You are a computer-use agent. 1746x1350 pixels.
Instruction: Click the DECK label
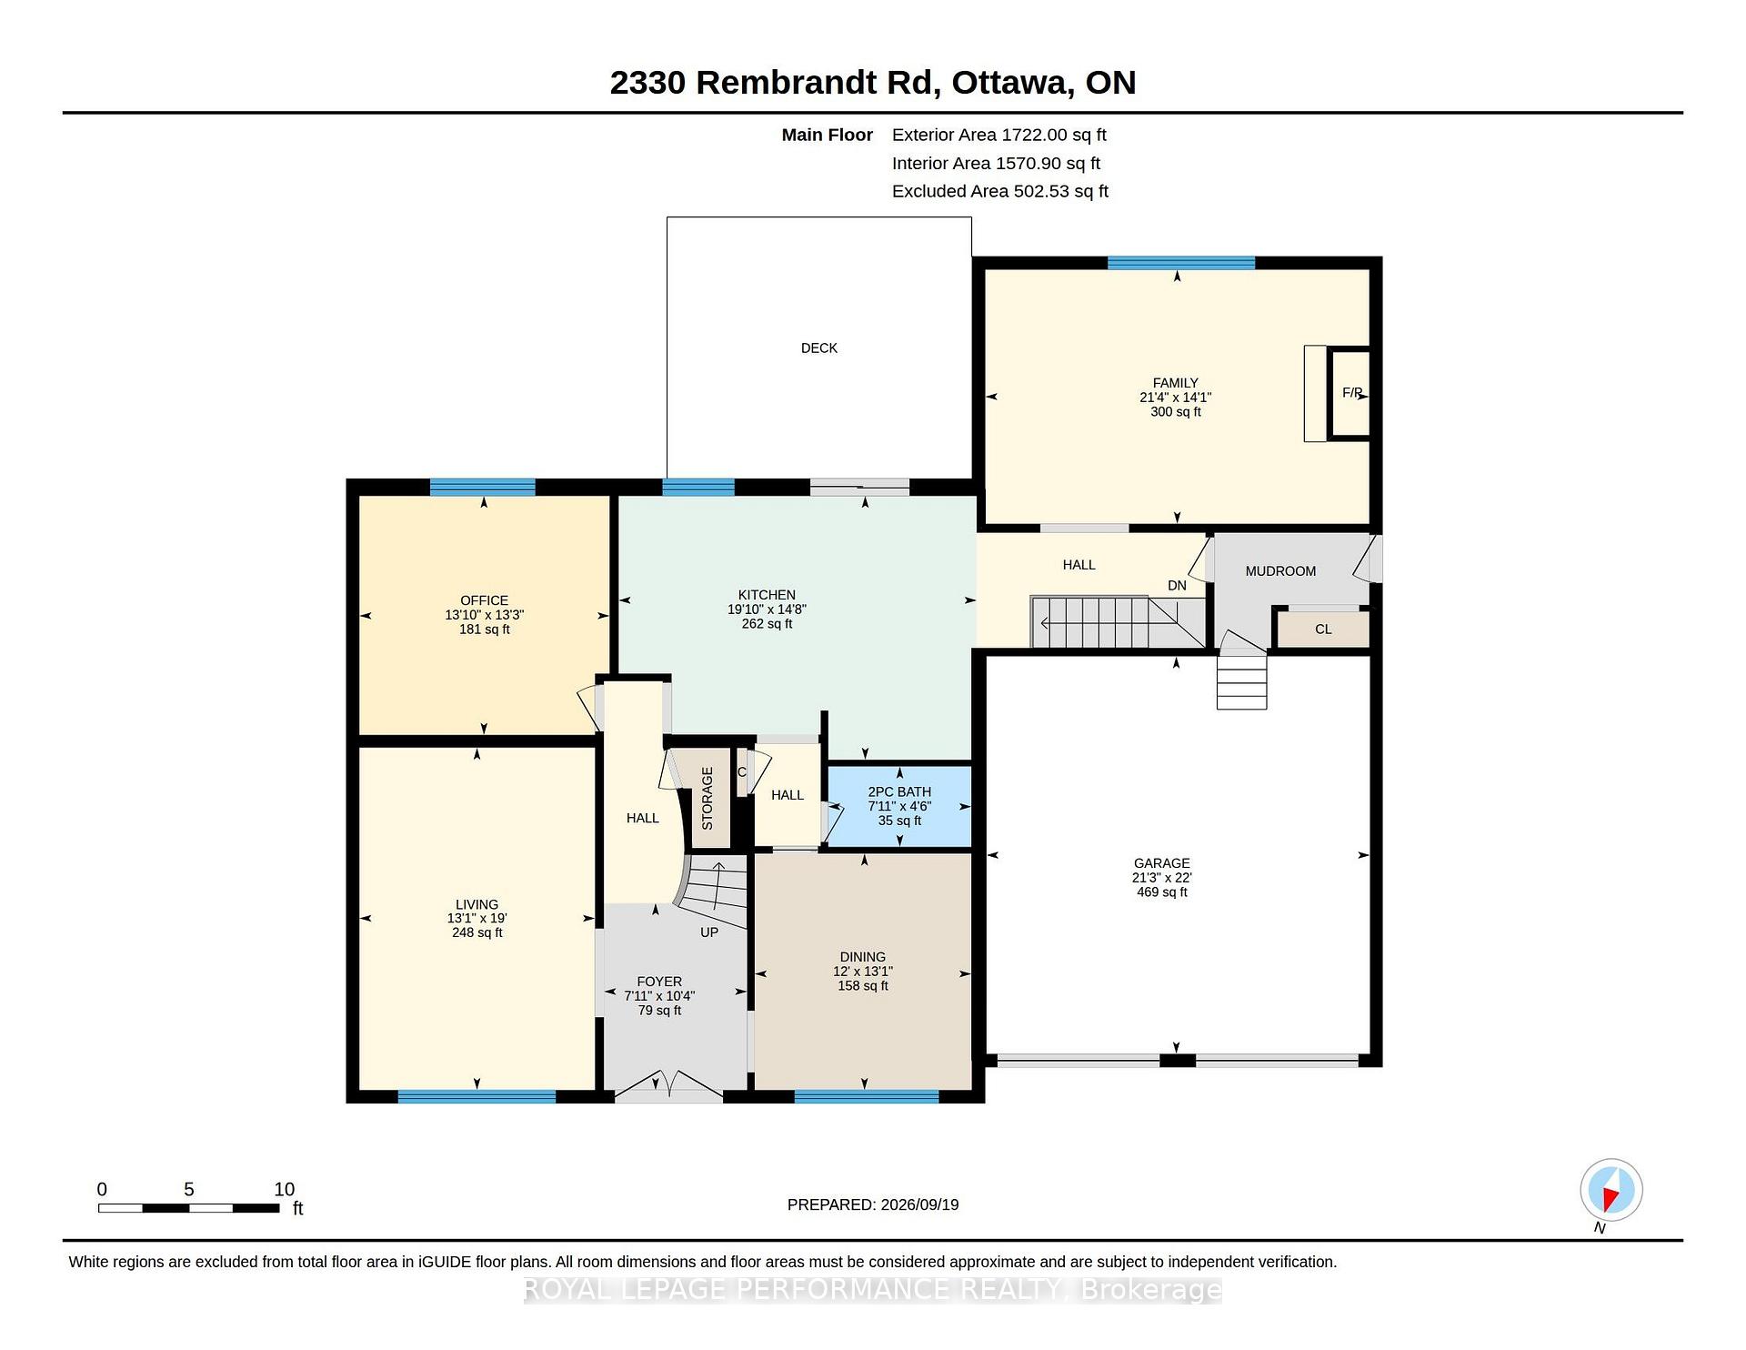pyautogui.click(x=818, y=348)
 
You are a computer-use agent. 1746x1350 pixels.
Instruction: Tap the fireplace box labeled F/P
pyautogui.click(x=1350, y=393)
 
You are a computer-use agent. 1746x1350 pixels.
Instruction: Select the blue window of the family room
pyautogui.click(x=1181, y=263)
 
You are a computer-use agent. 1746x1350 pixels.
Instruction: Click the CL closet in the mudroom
pyautogui.click(x=1323, y=630)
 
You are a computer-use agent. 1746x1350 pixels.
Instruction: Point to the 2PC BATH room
pyautogui.click(x=899, y=806)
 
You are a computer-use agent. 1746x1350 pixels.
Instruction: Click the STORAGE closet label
pyautogui.click(x=707, y=798)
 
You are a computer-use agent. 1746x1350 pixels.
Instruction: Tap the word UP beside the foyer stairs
pyautogui.click(x=709, y=932)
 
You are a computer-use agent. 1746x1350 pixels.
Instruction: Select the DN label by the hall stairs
pyautogui.click(x=1177, y=586)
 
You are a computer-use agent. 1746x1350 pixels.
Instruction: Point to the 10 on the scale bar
pyautogui.click(x=285, y=1189)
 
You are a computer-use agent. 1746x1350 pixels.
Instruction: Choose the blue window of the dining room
pyautogui.click(x=866, y=1097)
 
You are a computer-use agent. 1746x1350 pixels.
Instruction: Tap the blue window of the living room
pyautogui.click(x=477, y=1097)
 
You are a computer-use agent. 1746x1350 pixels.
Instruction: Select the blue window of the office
pyautogui.click(x=482, y=487)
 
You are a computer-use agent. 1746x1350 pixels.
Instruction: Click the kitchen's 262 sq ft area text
pyautogui.click(x=767, y=624)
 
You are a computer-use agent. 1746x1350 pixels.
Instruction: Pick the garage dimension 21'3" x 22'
pyautogui.click(x=1161, y=878)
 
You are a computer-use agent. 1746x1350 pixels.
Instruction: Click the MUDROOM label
pyautogui.click(x=1280, y=571)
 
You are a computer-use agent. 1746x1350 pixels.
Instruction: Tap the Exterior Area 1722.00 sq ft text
pyautogui.click(x=998, y=135)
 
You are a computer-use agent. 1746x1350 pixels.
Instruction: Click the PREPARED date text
pyautogui.click(x=872, y=1204)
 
